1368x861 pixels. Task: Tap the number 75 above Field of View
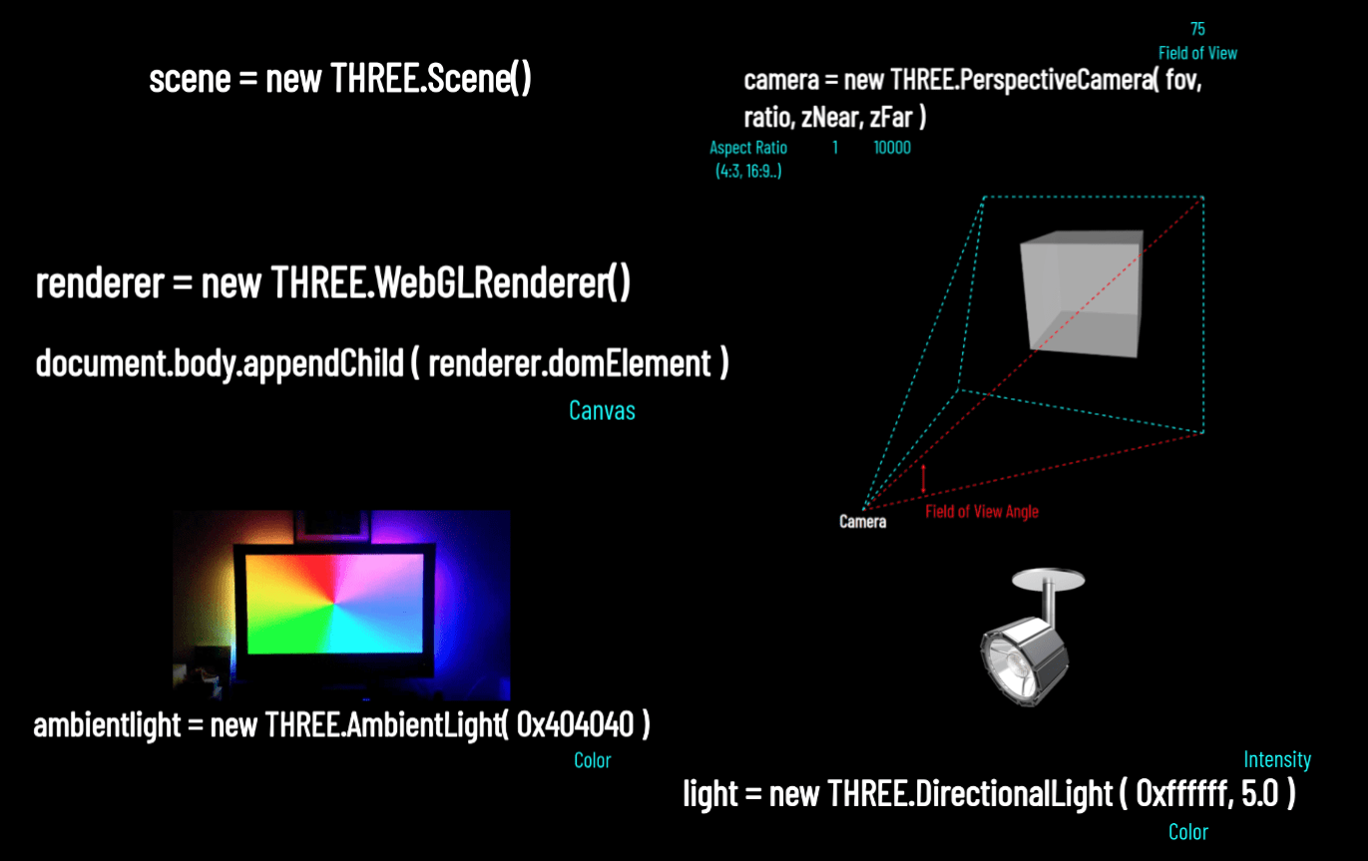click(1197, 29)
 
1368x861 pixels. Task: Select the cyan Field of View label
click(1197, 53)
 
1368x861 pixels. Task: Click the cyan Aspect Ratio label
click(748, 148)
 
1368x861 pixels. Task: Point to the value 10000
click(891, 148)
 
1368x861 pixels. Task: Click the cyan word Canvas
click(602, 410)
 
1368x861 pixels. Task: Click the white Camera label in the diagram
click(862, 522)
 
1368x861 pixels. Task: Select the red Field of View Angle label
click(982, 512)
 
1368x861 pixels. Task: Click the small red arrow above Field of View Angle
click(924, 479)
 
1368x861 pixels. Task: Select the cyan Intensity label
click(1276, 760)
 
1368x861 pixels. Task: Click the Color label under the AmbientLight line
click(592, 761)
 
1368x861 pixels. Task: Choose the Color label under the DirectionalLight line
click(1187, 832)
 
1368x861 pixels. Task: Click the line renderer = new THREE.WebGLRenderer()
click(333, 284)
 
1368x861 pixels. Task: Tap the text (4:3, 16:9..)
click(748, 171)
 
